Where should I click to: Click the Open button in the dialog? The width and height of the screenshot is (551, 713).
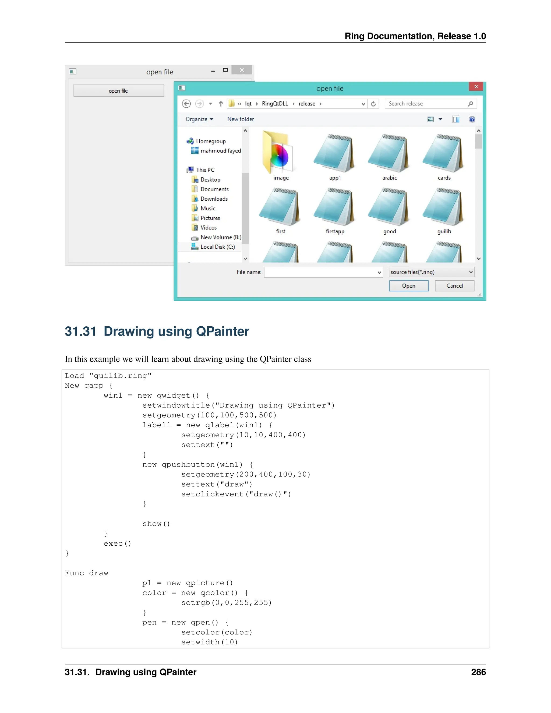click(x=408, y=286)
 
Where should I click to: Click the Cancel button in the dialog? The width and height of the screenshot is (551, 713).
click(x=454, y=286)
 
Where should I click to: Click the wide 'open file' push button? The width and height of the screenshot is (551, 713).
click(x=118, y=90)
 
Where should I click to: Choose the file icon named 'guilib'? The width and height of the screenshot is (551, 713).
click(x=444, y=207)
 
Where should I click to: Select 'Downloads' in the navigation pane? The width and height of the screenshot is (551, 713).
click(x=214, y=199)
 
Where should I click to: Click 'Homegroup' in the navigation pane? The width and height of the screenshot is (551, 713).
click(x=211, y=141)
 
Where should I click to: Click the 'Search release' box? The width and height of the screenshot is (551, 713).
click(x=426, y=104)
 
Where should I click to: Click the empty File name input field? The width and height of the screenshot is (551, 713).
click(x=320, y=272)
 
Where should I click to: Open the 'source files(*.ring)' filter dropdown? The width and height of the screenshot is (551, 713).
click(x=431, y=272)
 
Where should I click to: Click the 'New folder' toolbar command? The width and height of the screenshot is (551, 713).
click(x=240, y=119)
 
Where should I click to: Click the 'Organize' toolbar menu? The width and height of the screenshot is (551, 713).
click(x=199, y=119)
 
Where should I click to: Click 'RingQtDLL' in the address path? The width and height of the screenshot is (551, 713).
click(x=275, y=104)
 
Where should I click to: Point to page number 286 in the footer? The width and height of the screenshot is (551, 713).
click(x=478, y=672)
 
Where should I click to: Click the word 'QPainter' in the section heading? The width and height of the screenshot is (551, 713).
click(x=222, y=331)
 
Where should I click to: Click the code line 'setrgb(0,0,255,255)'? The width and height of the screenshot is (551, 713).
click(x=226, y=603)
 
